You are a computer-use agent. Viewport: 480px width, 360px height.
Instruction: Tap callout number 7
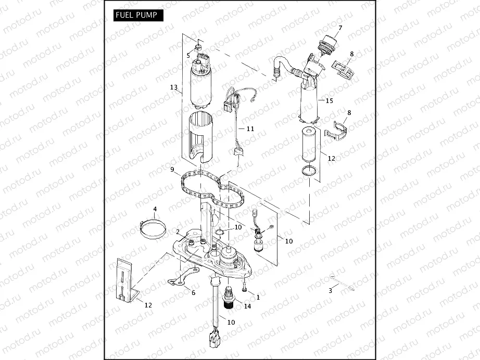[x=340, y=28]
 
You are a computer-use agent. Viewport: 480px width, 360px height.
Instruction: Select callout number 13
[x=174, y=87]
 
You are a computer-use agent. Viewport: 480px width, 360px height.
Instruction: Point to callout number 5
[x=188, y=55]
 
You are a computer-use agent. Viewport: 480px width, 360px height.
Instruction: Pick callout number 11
[x=250, y=128]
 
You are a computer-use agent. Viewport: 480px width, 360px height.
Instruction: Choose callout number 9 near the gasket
[x=172, y=169]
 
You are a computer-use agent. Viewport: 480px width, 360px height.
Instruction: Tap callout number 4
[x=155, y=209]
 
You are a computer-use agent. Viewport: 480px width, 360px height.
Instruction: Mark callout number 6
[x=193, y=292]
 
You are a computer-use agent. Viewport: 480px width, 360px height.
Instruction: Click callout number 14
[x=247, y=306]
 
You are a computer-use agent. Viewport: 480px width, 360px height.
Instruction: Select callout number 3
[x=330, y=291]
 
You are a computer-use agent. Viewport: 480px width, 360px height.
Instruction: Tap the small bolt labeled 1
[x=244, y=286]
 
